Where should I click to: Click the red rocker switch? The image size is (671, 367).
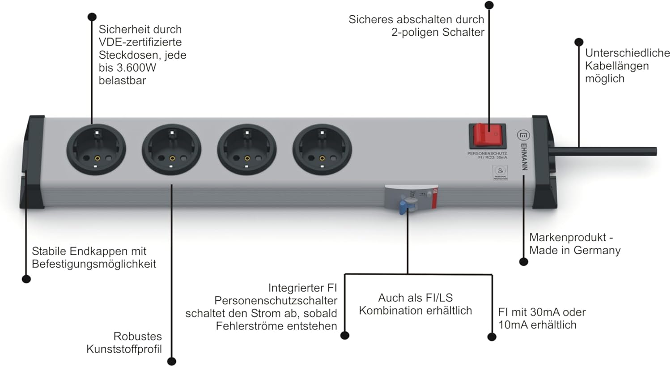[x=487, y=135]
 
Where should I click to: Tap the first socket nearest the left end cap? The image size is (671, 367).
[x=96, y=149]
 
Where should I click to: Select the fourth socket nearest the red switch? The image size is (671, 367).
[x=322, y=149]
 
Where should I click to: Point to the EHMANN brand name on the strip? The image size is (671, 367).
[x=524, y=157]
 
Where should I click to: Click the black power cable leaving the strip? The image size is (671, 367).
[x=604, y=151]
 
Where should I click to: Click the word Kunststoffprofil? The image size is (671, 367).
[x=124, y=349]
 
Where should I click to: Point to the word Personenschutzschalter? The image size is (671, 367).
[x=276, y=300]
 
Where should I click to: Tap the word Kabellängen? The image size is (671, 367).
[x=616, y=66]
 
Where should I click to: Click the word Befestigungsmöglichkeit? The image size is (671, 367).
[x=94, y=264]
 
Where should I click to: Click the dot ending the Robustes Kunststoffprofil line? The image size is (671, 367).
[x=171, y=361]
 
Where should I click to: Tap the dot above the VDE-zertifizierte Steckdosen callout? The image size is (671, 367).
[x=92, y=17]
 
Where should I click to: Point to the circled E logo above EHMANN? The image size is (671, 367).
[x=523, y=135]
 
